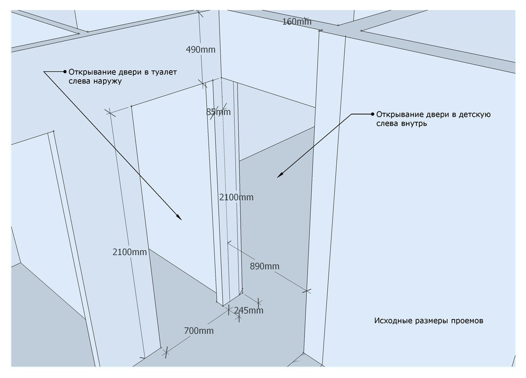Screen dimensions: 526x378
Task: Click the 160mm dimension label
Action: click(297, 22)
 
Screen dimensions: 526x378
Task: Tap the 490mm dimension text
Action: click(201, 49)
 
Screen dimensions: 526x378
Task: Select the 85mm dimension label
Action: click(218, 112)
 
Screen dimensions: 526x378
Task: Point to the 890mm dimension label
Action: click(265, 267)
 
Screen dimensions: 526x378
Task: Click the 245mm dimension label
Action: click(249, 311)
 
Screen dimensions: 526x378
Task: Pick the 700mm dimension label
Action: click(199, 331)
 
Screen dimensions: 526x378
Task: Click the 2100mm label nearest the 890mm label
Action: click(236, 197)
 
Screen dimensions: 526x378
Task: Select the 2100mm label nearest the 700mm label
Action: click(130, 252)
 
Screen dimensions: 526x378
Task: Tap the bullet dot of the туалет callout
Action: click(65, 72)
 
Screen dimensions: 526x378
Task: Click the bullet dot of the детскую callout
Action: click(372, 114)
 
